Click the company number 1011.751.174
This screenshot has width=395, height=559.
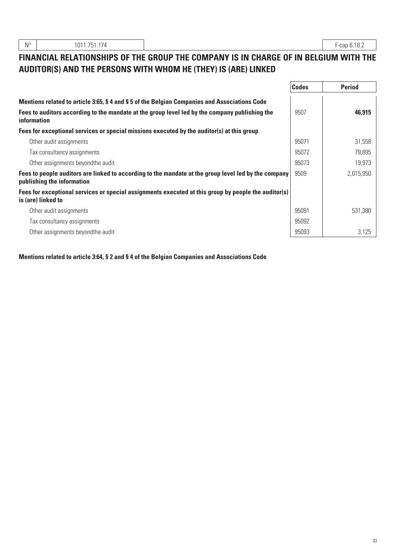pyautogui.click(x=90, y=45)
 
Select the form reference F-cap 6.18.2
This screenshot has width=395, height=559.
pyautogui.click(x=349, y=45)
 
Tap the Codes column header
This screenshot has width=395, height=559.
pyautogui.click(x=300, y=87)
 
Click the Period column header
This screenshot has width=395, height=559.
pyautogui.click(x=349, y=87)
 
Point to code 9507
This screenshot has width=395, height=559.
pyautogui.click(x=300, y=112)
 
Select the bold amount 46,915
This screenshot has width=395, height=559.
pyautogui.click(x=363, y=112)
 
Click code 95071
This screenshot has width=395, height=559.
pyautogui.click(x=302, y=142)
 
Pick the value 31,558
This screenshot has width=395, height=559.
pyautogui.click(x=363, y=142)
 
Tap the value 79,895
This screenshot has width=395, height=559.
pyautogui.click(x=363, y=152)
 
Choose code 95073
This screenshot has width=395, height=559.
pyautogui.click(x=302, y=163)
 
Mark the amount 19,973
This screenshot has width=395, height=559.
pyautogui.click(x=363, y=163)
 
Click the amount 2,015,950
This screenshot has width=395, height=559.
pyautogui.click(x=359, y=174)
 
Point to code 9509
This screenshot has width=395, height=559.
pyautogui.click(x=300, y=174)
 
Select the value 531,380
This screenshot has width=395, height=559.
pyautogui.click(x=361, y=211)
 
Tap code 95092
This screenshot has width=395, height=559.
pyautogui.click(x=302, y=222)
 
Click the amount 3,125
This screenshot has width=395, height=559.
pyautogui.click(x=364, y=232)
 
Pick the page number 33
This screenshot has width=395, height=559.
pyautogui.click(x=375, y=541)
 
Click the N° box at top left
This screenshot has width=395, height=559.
pyautogui.click(x=28, y=45)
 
